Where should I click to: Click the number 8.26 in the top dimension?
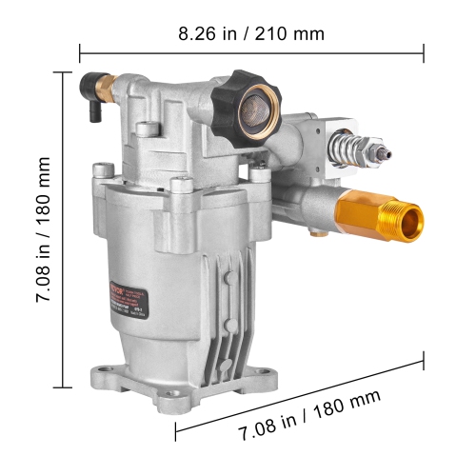(x=198, y=33)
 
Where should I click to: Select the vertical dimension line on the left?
(x=65, y=229)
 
